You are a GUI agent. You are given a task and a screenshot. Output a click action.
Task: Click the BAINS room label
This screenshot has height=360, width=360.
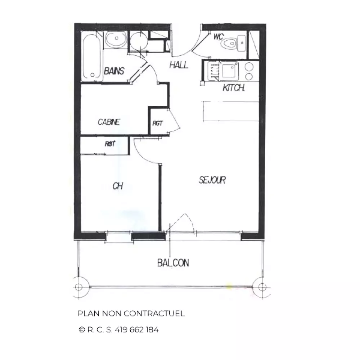point(114,71)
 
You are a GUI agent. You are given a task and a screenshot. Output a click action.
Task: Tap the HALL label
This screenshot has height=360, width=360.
point(179,65)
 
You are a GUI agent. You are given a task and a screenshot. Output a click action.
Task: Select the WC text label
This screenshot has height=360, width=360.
point(219,37)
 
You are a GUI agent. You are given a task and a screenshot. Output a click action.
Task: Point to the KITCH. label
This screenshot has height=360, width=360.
point(234,88)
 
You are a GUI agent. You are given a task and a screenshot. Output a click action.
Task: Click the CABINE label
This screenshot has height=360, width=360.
point(109,122)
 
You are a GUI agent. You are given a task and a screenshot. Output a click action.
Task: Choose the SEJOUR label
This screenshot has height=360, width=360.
point(212,180)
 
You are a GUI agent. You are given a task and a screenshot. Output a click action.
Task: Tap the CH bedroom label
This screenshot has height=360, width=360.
point(118,186)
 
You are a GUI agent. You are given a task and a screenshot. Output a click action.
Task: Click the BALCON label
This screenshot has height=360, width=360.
point(174,263)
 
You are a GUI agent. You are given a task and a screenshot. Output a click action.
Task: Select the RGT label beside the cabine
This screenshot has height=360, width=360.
point(158,123)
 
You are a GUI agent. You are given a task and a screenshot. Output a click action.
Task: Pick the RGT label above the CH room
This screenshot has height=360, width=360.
point(110,144)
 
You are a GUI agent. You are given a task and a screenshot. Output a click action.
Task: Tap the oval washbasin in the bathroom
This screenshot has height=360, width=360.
point(116,39)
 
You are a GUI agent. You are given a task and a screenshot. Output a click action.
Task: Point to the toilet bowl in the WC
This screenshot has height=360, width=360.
point(230,43)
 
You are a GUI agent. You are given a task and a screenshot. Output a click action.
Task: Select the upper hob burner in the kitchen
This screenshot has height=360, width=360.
point(249,67)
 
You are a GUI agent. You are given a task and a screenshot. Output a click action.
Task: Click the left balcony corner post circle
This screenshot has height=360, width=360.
point(79,287)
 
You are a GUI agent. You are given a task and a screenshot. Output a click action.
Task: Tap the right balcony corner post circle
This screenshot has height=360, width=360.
point(262,287)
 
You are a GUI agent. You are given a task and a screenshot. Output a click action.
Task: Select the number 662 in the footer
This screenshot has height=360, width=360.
point(137,330)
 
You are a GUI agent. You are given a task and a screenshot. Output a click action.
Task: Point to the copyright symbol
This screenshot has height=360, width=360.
point(82,330)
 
